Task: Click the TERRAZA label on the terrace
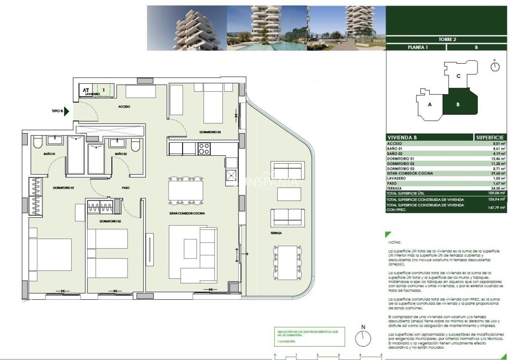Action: pyautogui.click(x=276, y=233)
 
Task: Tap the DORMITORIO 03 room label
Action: pyautogui.click(x=210, y=132)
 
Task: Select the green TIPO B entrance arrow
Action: pyautogui.click(x=67, y=111)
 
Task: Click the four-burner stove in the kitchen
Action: pyautogui.click(x=204, y=148)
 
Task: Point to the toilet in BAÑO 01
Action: pyautogui.click(x=38, y=143)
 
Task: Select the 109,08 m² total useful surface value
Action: pyautogui.click(x=497, y=193)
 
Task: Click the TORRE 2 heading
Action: pyautogui.click(x=447, y=39)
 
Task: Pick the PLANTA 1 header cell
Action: pyautogui.click(x=416, y=47)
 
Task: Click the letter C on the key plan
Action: pyautogui.click(x=458, y=76)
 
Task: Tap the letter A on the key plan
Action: pyautogui.click(x=430, y=105)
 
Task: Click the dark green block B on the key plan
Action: pyautogui.click(x=458, y=105)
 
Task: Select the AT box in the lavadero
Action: pyautogui.click(x=86, y=90)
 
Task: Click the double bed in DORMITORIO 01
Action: pyautogui.click(x=50, y=255)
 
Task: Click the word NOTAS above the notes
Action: pyautogui.click(x=395, y=243)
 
